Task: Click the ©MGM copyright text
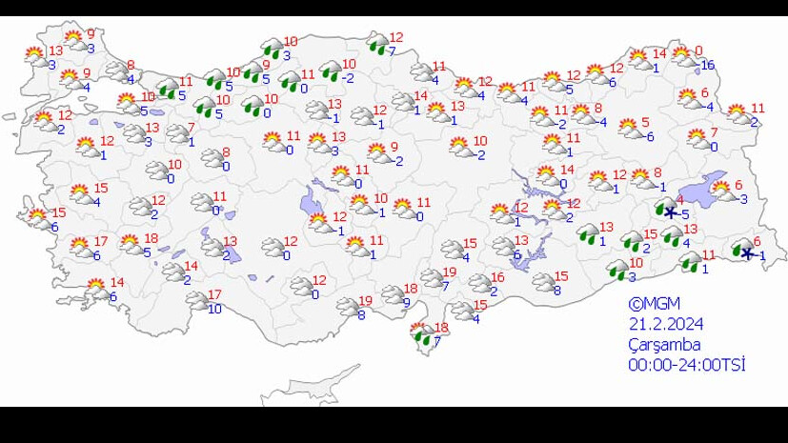point(654,304)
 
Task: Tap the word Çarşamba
point(665,344)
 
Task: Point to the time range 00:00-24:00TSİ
point(686,365)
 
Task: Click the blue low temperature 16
point(706,65)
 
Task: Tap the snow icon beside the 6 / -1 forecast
point(743,250)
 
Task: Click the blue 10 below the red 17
point(214,309)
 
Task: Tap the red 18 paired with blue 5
point(151,238)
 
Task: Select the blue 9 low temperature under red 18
point(406,303)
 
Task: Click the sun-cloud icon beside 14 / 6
point(96,287)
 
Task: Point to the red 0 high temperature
point(698,51)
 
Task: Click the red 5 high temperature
point(645,122)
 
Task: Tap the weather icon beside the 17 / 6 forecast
point(80,248)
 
